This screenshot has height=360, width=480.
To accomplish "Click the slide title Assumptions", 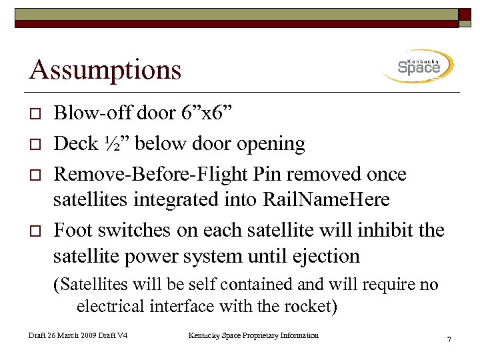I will tap(105, 69).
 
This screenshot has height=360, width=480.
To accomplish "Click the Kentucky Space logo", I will tap(418, 67).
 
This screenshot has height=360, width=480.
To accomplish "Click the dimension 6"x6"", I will tap(207, 113).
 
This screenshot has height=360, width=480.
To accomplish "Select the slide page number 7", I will tap(449, 341).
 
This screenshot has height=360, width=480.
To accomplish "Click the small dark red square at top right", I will tap(465, 16).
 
